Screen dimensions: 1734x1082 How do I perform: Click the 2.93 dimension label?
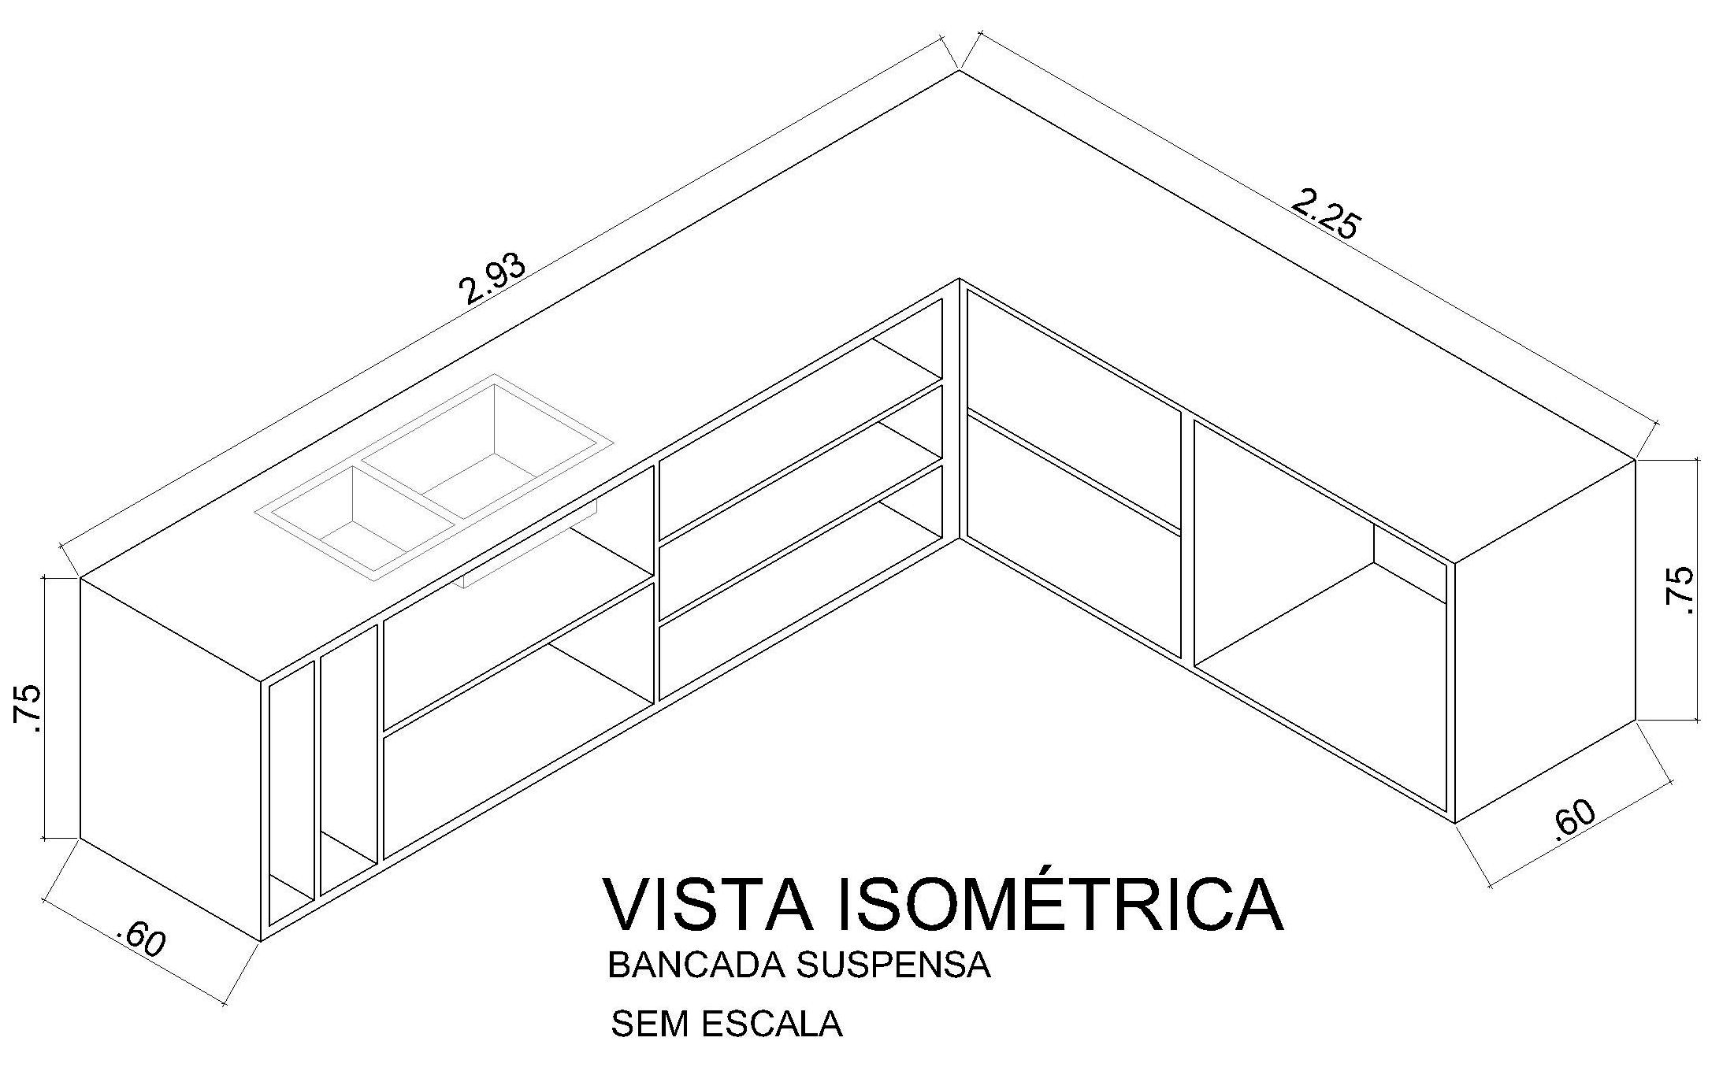pos(492,280)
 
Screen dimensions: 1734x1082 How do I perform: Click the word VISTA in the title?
pos(708,903)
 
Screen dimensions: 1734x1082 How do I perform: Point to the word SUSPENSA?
pos(893,965)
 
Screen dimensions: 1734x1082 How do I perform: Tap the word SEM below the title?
pos(650,1024)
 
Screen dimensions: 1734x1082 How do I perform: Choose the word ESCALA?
pos(772,1024)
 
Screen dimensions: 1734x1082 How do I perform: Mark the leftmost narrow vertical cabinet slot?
pos(291,787)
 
